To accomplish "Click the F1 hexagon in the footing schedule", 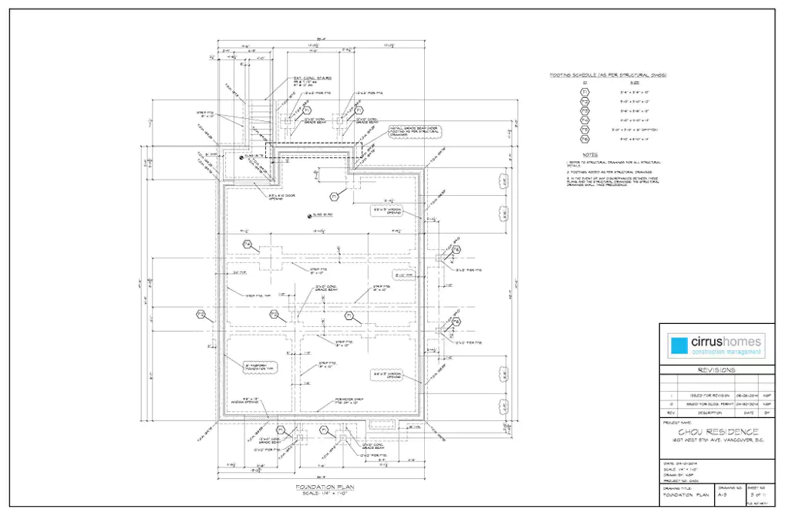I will [585, 93].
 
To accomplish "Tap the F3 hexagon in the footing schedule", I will [585, 111].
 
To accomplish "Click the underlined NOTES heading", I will [590, 153].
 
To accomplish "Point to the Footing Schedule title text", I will [608, 75].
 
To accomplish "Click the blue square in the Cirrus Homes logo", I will [678, 346].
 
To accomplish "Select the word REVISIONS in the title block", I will [716, 369].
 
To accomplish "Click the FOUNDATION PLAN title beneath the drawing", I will [324, 487].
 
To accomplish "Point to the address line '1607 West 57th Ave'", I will [716, 440].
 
